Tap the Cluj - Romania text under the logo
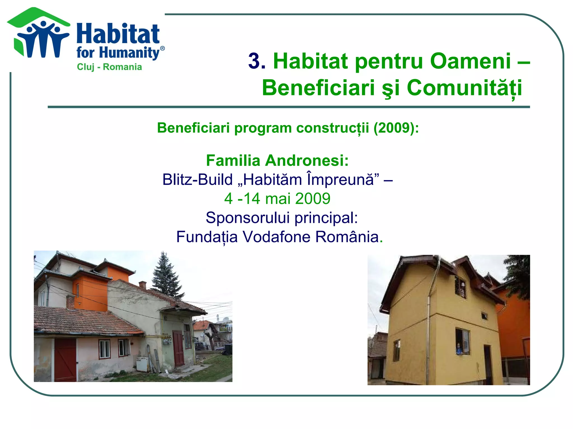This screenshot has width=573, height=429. pos(109,67)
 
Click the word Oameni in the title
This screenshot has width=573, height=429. pos(470,61)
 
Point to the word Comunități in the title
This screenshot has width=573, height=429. pos(464,88)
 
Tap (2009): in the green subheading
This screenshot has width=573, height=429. pos(396,128)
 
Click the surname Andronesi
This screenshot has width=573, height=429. pos(307,161)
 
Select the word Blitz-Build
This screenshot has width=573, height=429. pos(198,180)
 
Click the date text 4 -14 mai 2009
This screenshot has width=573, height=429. pos(277,199)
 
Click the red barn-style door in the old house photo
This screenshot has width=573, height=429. pos(65,359)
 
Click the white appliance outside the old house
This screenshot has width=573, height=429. pos(143,364)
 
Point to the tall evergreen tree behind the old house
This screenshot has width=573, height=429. pos(165,277)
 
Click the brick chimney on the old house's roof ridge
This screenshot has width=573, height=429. pos(143,285)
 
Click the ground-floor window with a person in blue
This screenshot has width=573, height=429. pos(462,342)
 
